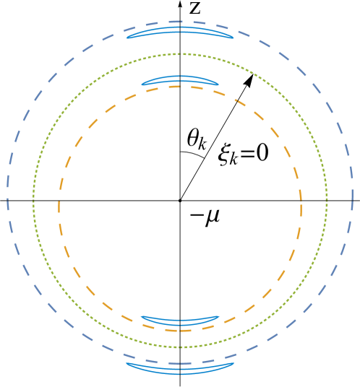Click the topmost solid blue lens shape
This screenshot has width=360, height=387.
pos(180,32)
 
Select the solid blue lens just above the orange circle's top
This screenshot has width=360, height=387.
pos(180,79)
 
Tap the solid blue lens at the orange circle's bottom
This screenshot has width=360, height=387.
pos(180,319)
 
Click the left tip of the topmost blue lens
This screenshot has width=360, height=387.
pos(127,38)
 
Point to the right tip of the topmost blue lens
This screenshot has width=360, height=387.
pos(233,38)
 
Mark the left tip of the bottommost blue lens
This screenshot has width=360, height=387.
pos(127,362)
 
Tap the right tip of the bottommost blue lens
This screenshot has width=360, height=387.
pos(233,362)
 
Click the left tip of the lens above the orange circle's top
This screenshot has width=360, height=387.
pos(142,84)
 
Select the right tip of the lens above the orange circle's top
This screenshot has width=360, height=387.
pos(218,84)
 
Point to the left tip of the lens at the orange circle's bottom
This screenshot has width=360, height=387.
pos(141,316)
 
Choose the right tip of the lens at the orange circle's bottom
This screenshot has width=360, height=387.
pos(219,316)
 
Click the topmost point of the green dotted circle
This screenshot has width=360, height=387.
pos(180,53)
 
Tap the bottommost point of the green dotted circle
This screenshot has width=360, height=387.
pos(180,347)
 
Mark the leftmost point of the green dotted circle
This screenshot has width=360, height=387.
pos(33,201)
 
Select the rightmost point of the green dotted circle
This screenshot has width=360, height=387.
pos(327,201)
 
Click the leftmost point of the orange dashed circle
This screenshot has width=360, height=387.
pos(59,209)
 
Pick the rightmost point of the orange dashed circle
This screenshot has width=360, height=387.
pos(301,209)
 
